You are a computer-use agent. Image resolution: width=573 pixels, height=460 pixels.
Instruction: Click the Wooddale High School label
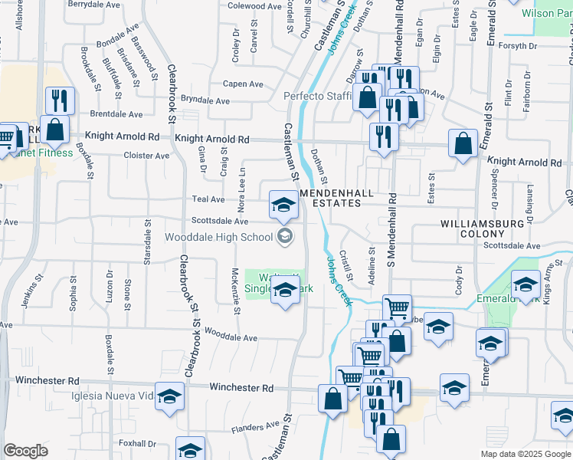pos(218,237)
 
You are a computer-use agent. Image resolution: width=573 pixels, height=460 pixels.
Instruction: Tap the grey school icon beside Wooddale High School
pos(285,236)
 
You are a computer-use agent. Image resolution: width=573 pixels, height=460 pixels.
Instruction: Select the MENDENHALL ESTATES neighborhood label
pos(341,197)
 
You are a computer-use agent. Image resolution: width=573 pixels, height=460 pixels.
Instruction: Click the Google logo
pos(26,451)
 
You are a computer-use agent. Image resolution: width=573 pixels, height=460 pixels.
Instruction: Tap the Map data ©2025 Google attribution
pos(526,454)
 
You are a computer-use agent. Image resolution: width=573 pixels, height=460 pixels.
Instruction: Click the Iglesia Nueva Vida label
pos(116,396)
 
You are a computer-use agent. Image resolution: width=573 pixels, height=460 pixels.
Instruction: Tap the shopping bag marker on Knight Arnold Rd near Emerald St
pos(463,143)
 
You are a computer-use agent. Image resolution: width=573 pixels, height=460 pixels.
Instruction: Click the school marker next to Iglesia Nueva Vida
pos(170,396)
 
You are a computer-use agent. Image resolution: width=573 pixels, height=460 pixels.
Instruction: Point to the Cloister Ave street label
pos(146,156)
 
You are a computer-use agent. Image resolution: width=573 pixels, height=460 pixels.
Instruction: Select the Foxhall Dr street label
pos(137,443)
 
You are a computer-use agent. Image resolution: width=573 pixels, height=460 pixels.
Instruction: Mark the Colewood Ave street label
pos(255,5)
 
